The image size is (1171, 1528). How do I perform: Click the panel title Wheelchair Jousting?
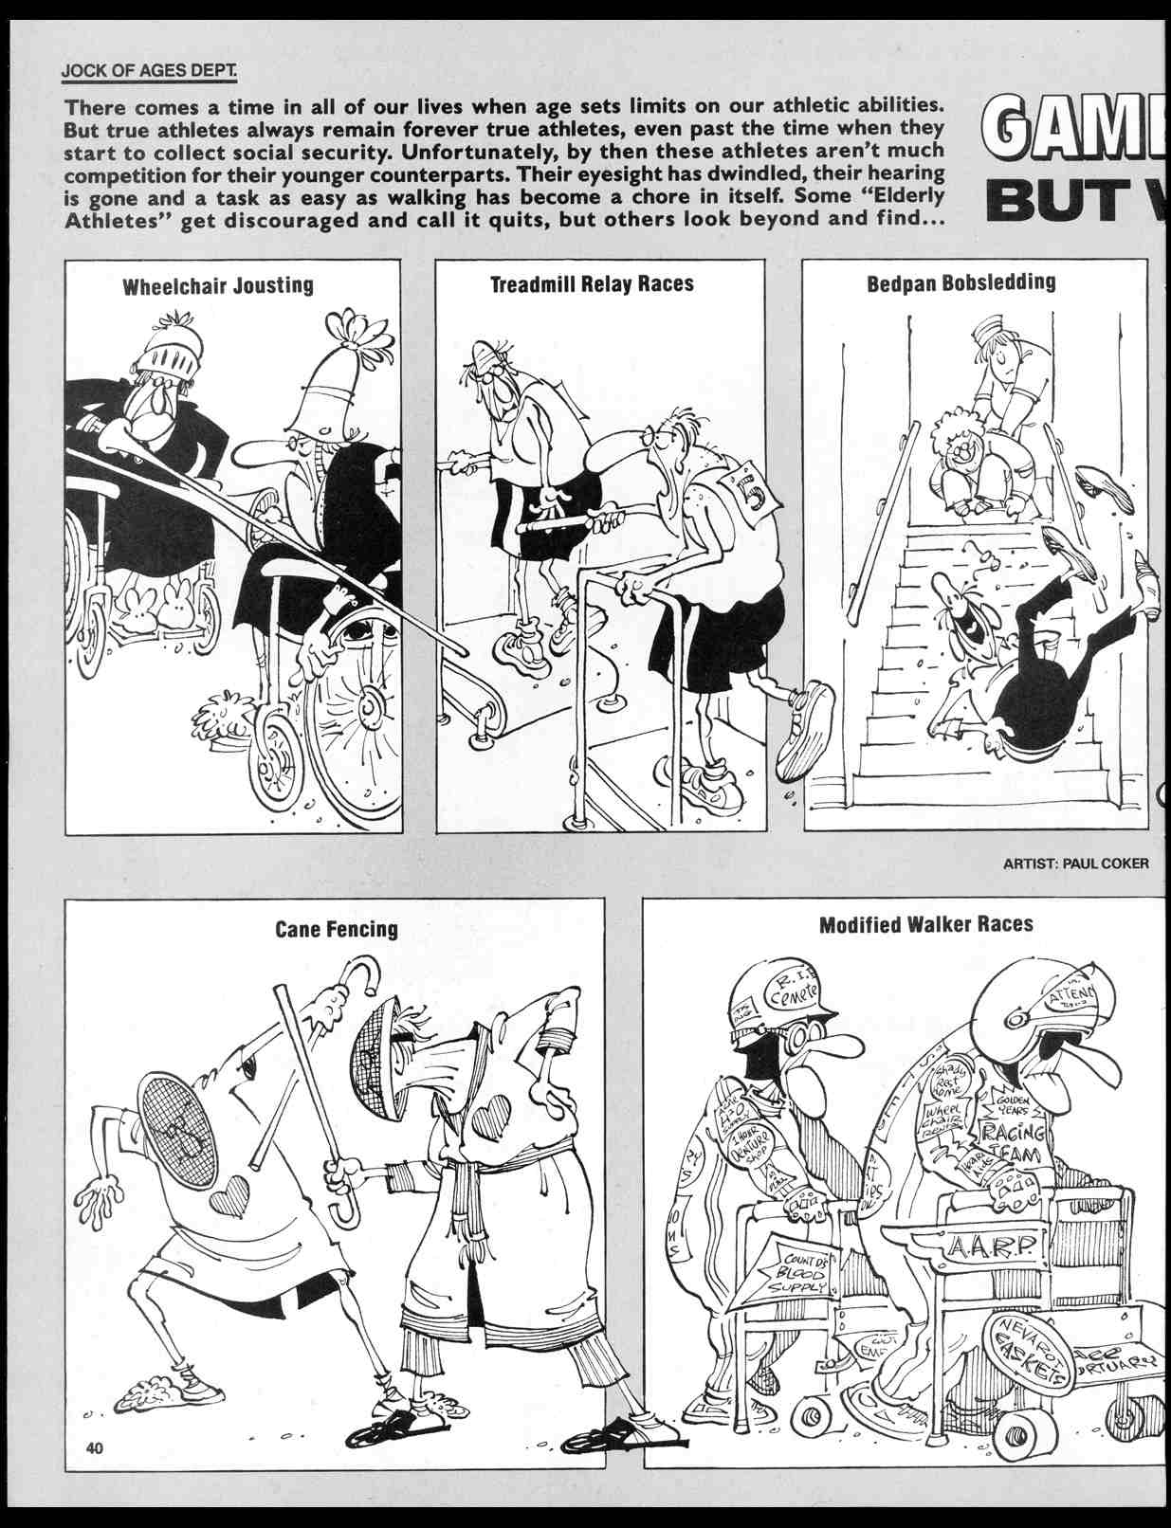click(217, 285)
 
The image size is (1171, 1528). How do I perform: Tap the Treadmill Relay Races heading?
click(592, 283)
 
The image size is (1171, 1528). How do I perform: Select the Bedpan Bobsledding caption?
click(961, 282)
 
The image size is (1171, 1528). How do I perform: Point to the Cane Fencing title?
click(337, 929)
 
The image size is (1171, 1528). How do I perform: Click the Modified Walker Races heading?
click(925, 924)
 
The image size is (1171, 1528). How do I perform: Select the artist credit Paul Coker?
click(1074, 863)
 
